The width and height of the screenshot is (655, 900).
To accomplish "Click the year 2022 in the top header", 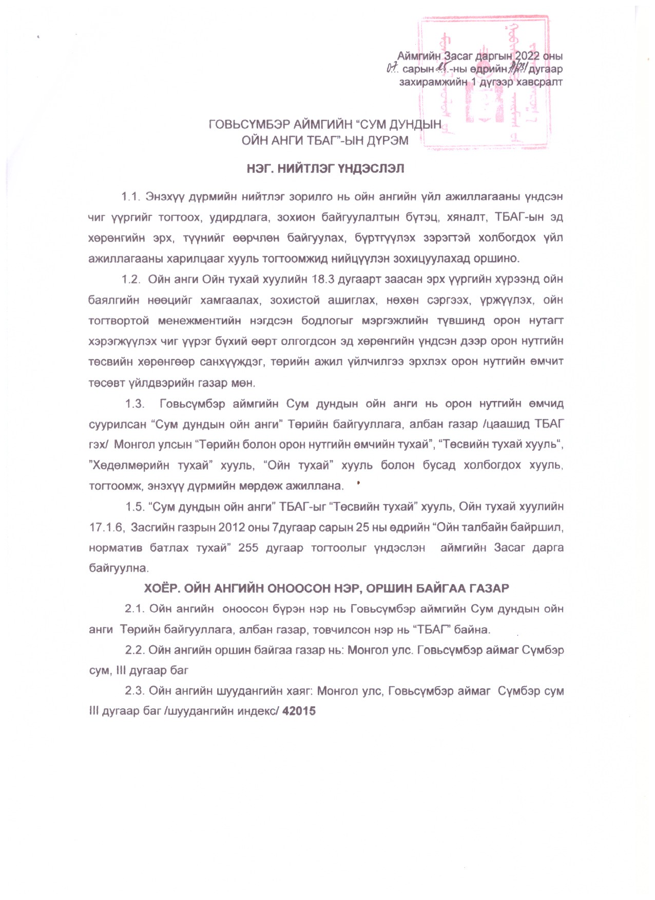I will click(x=528, y=56).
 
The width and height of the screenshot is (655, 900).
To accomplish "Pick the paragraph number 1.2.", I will click(x=130, y=279).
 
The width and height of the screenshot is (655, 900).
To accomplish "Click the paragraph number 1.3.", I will click(x=135, y=404).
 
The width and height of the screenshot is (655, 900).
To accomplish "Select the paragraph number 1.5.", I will click(x=135, y=507).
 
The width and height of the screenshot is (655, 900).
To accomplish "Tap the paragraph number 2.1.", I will click(x=133, y=609).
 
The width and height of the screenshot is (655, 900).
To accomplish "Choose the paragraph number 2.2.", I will click(x=134, y=650).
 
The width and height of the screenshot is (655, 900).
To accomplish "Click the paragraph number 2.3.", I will click(x=134, y=691).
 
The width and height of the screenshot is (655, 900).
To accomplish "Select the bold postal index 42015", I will click(x=299, y=711).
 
